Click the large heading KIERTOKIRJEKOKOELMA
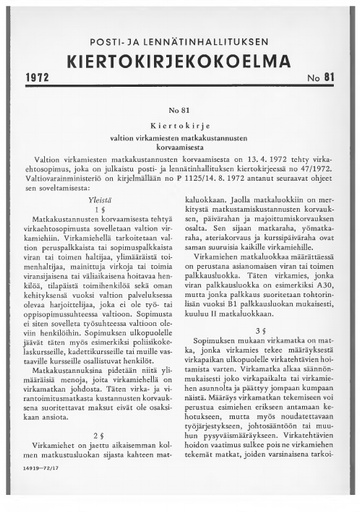click(x=181, y=56)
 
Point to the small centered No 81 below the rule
click(x=180, y=108)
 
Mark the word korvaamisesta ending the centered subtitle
click(x=180, y=148)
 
